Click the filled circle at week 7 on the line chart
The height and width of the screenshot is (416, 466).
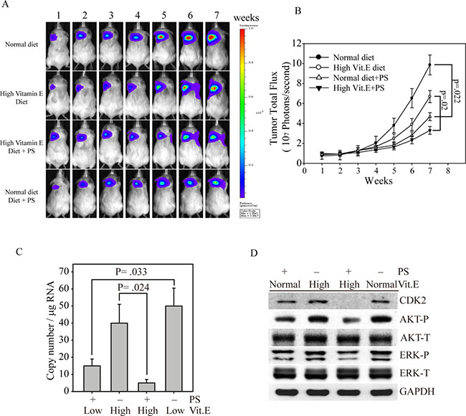[x=429, y=65]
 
